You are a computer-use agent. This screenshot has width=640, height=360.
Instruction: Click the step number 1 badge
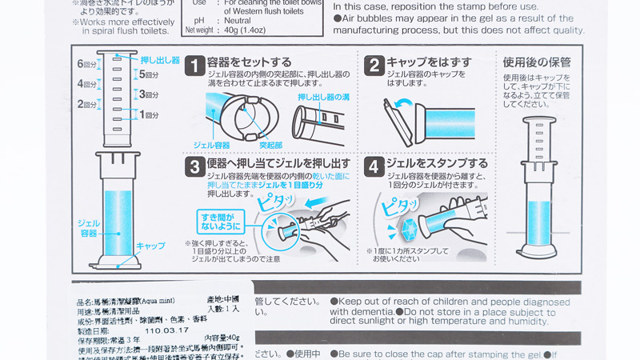click(194, 65)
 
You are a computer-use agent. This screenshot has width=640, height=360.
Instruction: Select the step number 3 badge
click(194, 166)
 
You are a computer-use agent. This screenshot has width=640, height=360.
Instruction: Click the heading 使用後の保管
click(537, 62)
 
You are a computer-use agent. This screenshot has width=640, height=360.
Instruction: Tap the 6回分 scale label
click(86, 64)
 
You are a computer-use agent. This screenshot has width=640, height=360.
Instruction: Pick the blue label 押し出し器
click(160, 60)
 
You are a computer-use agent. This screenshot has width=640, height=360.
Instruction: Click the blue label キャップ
click(150, 246)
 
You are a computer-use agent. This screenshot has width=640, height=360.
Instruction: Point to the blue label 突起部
click(270, 145)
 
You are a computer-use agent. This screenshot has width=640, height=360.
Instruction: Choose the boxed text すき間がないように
click(216, 220)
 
